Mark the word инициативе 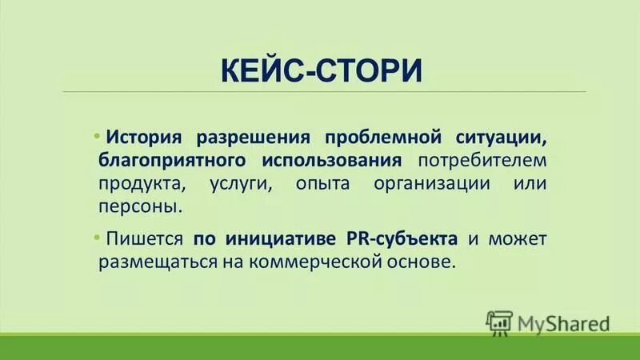278,238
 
